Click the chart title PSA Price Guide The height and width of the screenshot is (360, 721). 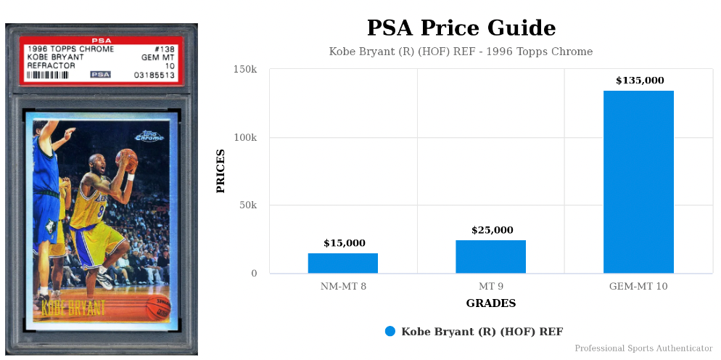click(x=461, y=28)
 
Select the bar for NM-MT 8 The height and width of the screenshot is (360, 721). click(x=343, y=263)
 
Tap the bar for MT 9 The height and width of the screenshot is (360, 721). click(x=491, y=257)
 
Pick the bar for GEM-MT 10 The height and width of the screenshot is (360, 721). click(x=638, y=181)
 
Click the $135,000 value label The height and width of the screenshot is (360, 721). click(x=640, y=81)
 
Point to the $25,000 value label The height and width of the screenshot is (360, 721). click(x=492, y=230)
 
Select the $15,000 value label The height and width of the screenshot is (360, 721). click(x=345, y=243)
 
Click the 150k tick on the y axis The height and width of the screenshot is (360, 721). click(x=244, y=70)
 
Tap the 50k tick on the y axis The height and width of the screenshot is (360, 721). click(x=247, y=205)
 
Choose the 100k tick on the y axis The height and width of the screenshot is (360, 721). click(x=244, y=138)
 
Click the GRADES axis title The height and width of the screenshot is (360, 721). click(x=491, y=303)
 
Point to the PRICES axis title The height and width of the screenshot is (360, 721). click(x=221, y=171)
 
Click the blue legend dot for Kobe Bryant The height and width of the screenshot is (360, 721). click(x=390, y=332)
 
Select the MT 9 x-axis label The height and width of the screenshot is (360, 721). click(x=491, y=287)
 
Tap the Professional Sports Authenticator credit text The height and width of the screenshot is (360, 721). click(x=643, y=349)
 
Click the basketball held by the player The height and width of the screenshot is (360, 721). click(x=126, y=158)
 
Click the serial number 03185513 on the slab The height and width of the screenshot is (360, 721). click(x=154, y=74)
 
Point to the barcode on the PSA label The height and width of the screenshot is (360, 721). click(x=55, y=74)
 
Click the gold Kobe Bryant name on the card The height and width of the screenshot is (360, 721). click(x=73, y=307)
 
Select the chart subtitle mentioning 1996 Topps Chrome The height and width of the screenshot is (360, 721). click(x=461, y=52)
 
